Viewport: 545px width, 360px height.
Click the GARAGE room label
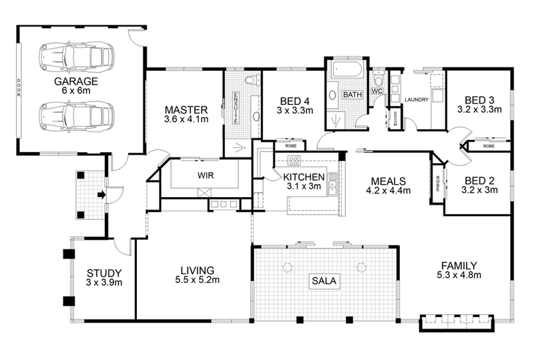(x=76, y=82)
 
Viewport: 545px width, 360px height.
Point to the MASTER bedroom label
(x=181, y=109)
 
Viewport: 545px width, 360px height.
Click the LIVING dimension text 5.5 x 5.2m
(x=193, y=280)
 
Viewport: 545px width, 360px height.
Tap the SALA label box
(x=324, y=280)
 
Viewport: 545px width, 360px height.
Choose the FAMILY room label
(x=458, y=265)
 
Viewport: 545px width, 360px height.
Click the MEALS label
(x=388, y=181)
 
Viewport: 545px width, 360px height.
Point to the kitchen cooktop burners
(x=295, y=162)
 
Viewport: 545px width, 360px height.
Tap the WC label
(x=377, y=91)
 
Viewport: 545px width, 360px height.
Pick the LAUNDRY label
(x=416, y=100)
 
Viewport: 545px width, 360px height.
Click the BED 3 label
(x=479, y=98)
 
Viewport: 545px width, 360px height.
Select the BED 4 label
(x=294, y=98)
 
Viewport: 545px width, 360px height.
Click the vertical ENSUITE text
(x=236, y=107)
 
